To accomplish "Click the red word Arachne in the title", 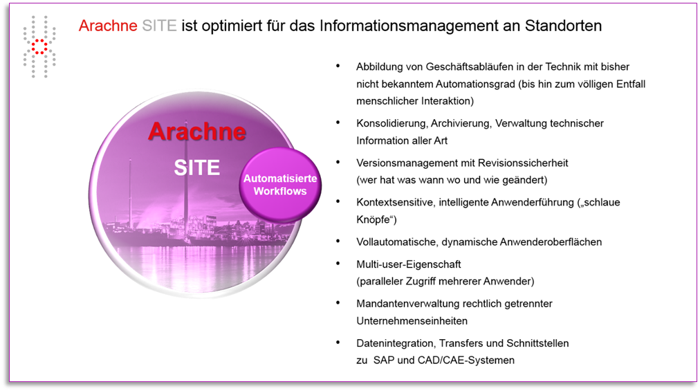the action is tap(108, 26).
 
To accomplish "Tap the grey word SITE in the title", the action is tap(159, 26).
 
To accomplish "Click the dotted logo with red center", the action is tap(39, 46).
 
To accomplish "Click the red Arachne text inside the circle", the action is tap(197, 131).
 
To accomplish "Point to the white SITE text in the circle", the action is tap(197, 168).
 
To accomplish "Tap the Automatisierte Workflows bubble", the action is tap(280, 185).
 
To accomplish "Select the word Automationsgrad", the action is tap(475, 84).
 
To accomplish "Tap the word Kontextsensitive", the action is tap(395, 203).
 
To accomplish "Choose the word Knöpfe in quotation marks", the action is tap(373, 220).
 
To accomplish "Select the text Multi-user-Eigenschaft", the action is tap(409, 264).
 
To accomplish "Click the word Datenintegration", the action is tap(395, 343).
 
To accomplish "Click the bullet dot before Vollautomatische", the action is tap(338, 242).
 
